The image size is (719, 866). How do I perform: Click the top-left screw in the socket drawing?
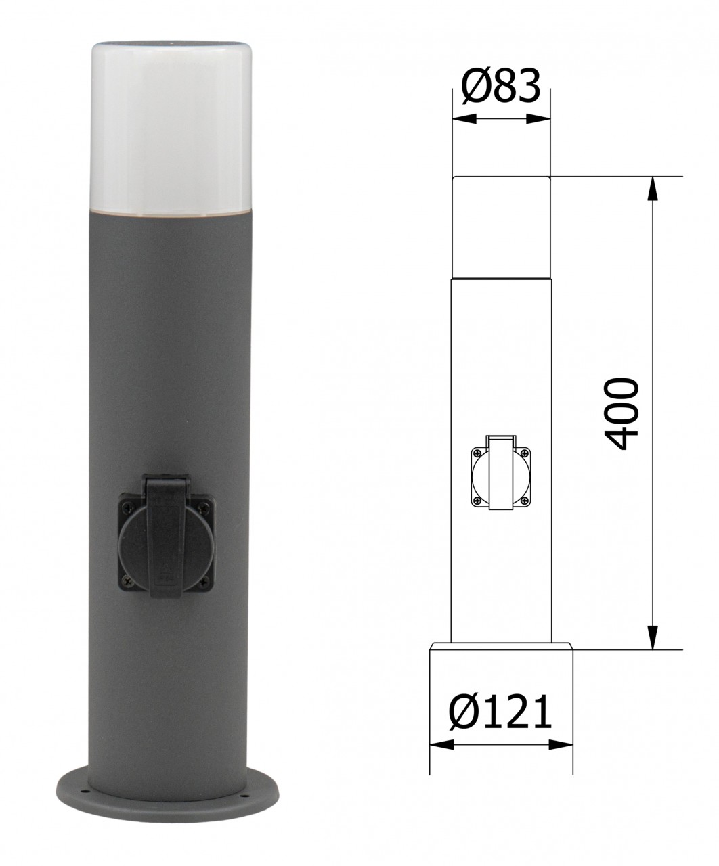tap(478, 452)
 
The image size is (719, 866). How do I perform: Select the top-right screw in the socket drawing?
tap(524, 452)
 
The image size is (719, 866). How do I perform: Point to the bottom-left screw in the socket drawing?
tap(478, 501)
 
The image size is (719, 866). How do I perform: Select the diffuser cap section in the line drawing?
tap(501, 227)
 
